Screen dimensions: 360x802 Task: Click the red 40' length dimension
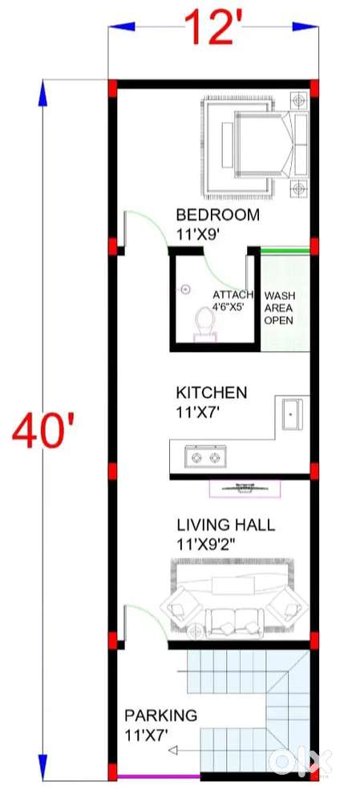click(x=44, y=431)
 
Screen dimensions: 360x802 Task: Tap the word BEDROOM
click(x=218, y=214)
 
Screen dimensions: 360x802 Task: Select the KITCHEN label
click(x=211, y=393)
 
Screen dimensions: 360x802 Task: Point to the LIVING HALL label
click(x=225, y=525)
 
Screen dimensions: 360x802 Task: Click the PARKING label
click(x=160, y=715)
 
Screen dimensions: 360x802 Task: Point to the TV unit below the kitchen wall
click(x=245, y=488)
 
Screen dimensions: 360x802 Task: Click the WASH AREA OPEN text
click(x=279, y=309)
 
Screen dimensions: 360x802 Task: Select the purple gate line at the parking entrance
click(x=159, y=776)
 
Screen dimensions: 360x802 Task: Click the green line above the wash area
click(x=285, y=250)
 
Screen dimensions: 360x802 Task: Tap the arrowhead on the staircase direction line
click(x=173, y=751)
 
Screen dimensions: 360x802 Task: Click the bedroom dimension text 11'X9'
click(x=198, y=233)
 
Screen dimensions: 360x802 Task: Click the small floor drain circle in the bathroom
click(x=186, y=290)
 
